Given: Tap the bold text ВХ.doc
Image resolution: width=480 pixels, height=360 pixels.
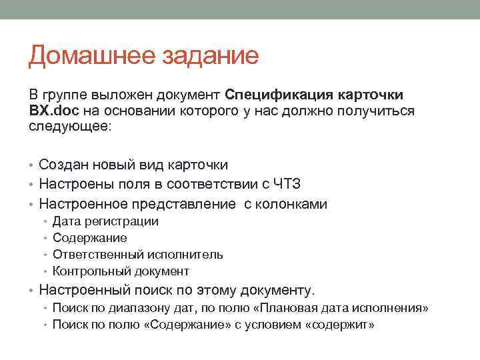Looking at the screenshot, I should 54,110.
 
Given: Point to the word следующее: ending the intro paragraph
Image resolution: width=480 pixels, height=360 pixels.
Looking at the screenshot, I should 71,127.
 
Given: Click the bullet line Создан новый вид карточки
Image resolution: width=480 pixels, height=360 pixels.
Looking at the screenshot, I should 133,164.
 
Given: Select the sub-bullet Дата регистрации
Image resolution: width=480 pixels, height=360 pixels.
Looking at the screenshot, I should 105,221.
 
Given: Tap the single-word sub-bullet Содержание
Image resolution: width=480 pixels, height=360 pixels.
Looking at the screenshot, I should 89,238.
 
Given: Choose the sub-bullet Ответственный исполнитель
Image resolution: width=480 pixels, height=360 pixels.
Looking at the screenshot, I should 137,255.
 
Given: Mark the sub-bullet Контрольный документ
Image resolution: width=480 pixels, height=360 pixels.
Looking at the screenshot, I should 121,271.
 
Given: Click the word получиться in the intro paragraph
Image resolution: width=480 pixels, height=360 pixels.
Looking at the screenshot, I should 379,110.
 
